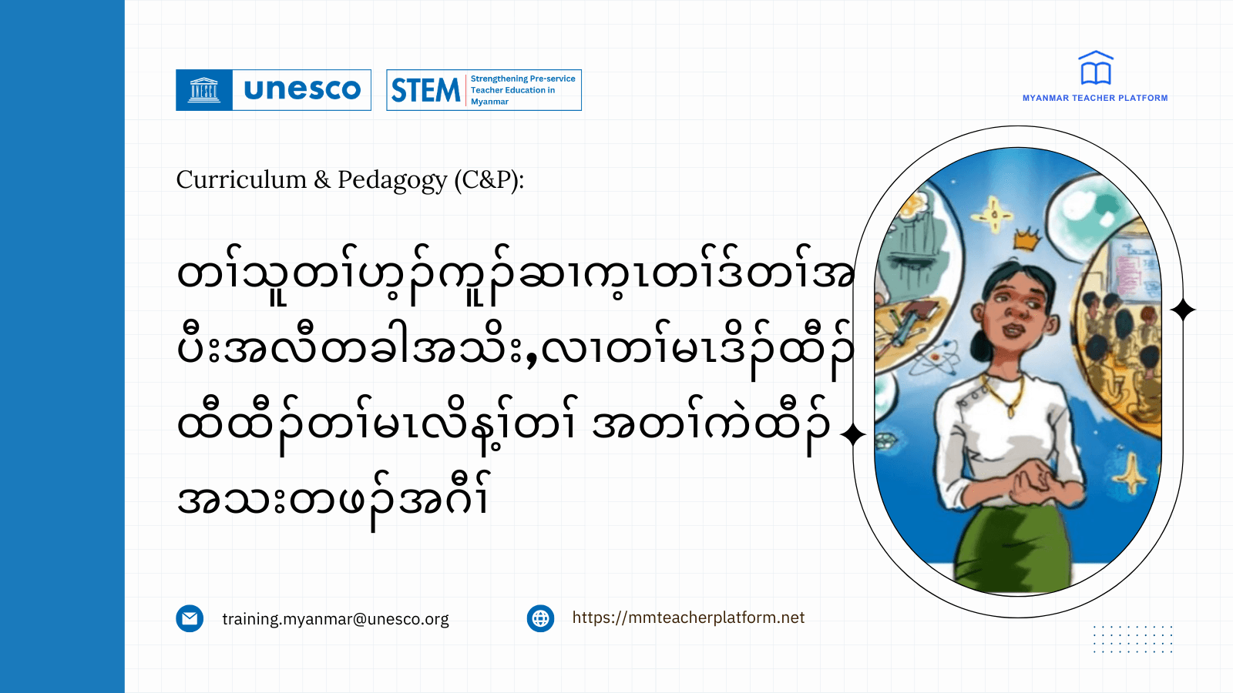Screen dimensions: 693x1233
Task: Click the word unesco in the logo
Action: coord(302,90)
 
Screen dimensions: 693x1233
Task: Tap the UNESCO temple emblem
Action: coord(204,90)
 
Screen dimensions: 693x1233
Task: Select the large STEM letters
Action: coord(425,91)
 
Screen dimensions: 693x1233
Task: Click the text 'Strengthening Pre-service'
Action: coord(522,79)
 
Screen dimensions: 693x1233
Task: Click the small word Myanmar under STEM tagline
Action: coord(489,102)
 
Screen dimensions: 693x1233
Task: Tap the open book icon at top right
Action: coord(1095,69)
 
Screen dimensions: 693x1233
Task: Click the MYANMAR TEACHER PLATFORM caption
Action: coord(1095,98)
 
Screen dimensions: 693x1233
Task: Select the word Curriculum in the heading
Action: coord(241,179)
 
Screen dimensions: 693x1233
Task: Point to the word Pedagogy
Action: coord(392,179)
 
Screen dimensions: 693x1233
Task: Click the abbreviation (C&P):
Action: coord(489,179)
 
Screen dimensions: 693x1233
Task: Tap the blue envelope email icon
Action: coord(190,618)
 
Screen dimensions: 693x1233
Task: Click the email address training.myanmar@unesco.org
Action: coord(335,619)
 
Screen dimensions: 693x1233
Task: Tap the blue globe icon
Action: coord(540,618)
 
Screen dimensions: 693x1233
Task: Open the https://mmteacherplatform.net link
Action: coord(688,618)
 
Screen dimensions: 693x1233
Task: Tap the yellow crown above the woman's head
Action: coord(1026,241)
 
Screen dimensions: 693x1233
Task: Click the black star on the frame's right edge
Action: coord(1183,310)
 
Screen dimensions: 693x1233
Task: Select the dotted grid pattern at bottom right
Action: coord(1133,639)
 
